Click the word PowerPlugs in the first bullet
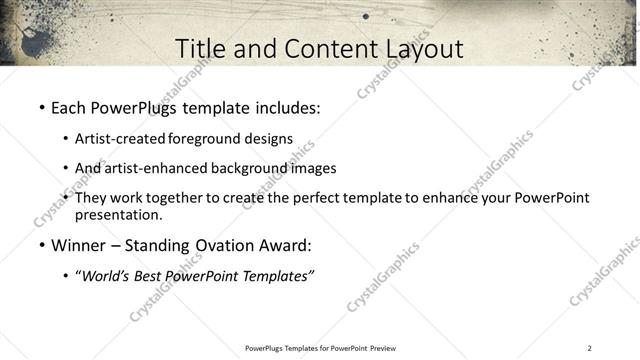click(x=136, y=106)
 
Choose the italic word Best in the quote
click(x=152, y=276)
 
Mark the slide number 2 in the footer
click(x=589, y=348)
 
